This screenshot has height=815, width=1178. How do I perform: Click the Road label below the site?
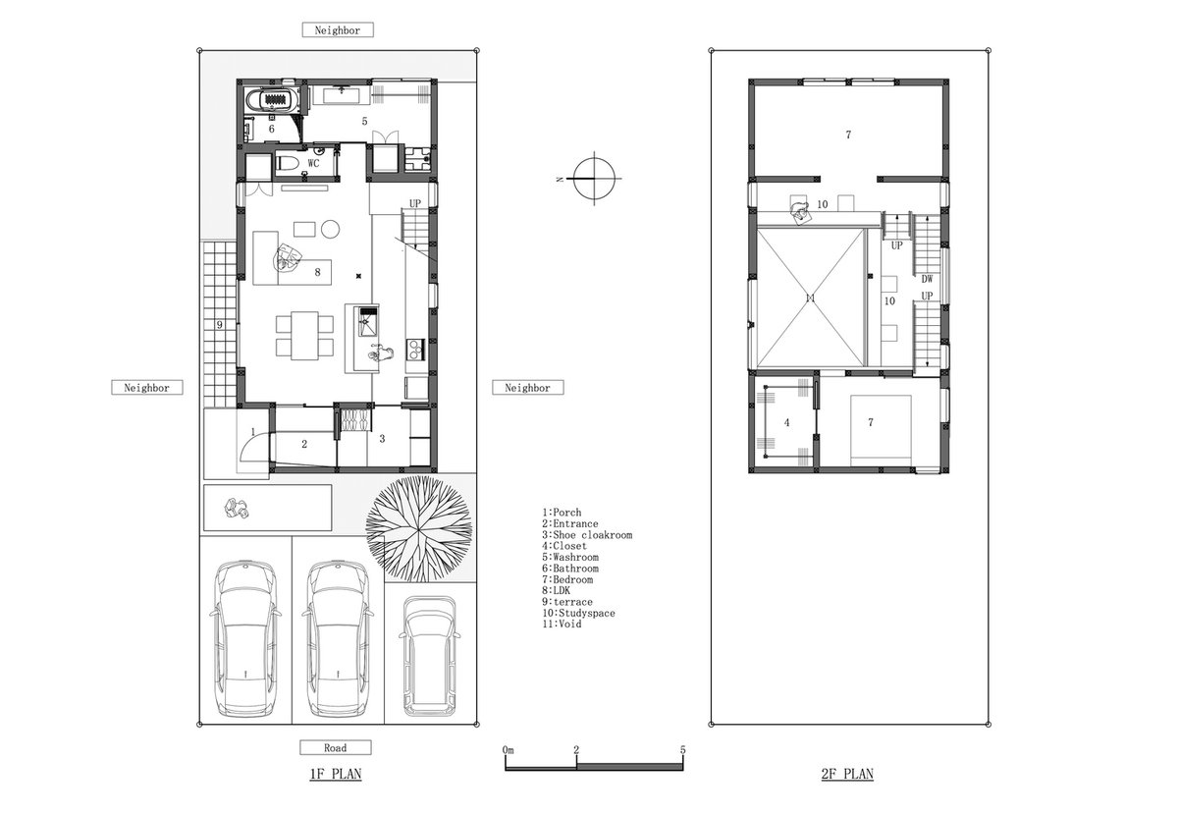pos(335,747)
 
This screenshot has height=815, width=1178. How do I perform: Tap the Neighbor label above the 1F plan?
pos(338,30)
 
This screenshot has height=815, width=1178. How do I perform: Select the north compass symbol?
pos(594,179)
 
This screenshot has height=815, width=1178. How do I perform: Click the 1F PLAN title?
pos(336,774)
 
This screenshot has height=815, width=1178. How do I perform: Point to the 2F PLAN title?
pos(847,774)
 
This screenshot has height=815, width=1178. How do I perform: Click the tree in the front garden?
pos(418,528)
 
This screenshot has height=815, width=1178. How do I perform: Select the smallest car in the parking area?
pos(429,656)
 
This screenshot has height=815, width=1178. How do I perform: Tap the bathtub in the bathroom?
pos(274,100)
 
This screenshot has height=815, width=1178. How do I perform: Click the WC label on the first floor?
pos(313,163)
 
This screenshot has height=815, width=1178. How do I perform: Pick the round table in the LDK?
pos(330,229)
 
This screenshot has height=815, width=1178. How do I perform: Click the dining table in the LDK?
pos(304,335)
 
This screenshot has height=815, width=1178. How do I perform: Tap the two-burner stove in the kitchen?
pos(415,349)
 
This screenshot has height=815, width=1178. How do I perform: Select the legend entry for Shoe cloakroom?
pos(587,535)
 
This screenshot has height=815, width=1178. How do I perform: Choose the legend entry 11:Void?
pos(562,624)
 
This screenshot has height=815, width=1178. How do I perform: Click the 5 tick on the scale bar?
pos(682,750)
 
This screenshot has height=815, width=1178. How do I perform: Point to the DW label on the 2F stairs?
pos(927,279)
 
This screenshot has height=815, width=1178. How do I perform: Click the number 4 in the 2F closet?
pos(786,422)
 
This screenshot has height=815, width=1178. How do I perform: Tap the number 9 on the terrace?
pos(220,325)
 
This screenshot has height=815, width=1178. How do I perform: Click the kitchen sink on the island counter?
pos(368,321)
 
